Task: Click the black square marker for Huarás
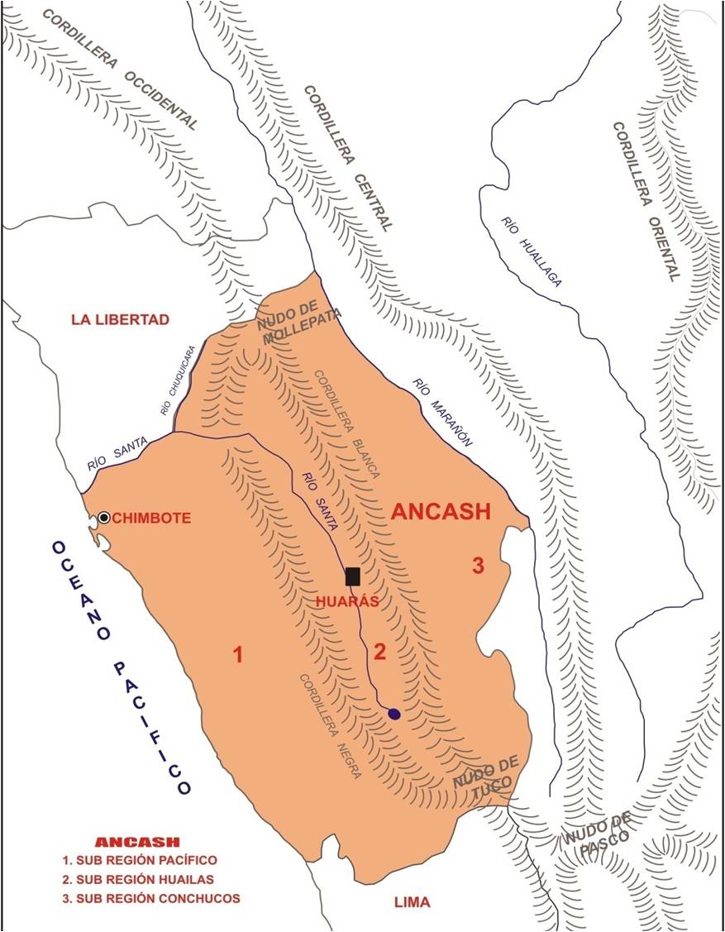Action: tap(353, 576)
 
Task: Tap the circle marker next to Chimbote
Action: tap(104, 518)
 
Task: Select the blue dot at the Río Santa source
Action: tap(394, 714)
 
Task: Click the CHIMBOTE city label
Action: tap(152, 519)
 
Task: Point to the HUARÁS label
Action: tap(347, 601)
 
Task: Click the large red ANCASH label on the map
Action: tap(441, 511)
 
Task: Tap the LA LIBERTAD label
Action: tap(120, 319)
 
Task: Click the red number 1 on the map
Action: tap(238, 656)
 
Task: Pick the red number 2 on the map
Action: tap(379, 652)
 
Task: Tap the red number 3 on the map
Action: tap(477, 566)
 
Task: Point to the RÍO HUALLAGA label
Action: tap(531, 251)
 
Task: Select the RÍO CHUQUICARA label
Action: tap(179, 379)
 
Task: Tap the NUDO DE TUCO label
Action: tap(485, 778)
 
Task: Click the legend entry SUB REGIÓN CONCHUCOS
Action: tap(157, 898)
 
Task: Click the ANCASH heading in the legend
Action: tap(137, 842)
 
